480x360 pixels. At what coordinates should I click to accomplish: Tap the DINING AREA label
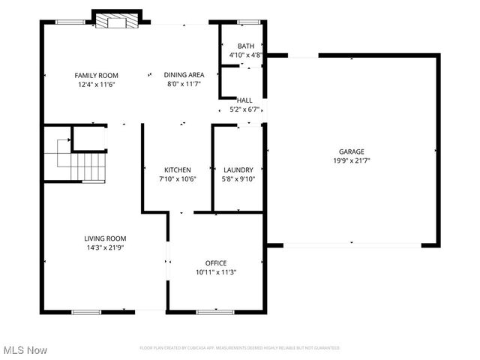(x=184, y=75)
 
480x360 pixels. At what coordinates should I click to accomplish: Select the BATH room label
(x=245, y=46)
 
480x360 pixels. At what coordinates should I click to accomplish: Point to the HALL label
(x=244, y=100)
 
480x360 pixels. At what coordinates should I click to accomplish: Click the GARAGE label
(x=351, y=151)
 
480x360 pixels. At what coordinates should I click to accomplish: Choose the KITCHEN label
(x=178, y=170)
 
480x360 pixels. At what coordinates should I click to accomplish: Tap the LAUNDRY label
(x=238, y=170)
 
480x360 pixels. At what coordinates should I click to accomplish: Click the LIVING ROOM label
(x=105, y=238)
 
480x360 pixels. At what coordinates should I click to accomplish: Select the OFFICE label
(x=216, y=263)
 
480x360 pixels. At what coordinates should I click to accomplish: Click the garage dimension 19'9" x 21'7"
(x=351, y=160)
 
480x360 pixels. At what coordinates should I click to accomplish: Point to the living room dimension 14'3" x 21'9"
(x=105, y=247)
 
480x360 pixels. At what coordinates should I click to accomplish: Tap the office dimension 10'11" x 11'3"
(x=216, y=272)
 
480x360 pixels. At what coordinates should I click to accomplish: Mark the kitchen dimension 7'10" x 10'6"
(x=178, y=179)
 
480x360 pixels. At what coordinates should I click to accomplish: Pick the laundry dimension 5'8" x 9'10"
(x=238, y=179)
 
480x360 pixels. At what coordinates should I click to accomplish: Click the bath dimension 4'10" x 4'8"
(x=245, y=55)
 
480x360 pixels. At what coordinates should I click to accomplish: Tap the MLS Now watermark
(x=25, y=350)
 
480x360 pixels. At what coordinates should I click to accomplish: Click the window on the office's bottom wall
(x=211, y=310)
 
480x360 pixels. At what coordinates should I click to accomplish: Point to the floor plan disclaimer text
(x=240, y=348)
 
